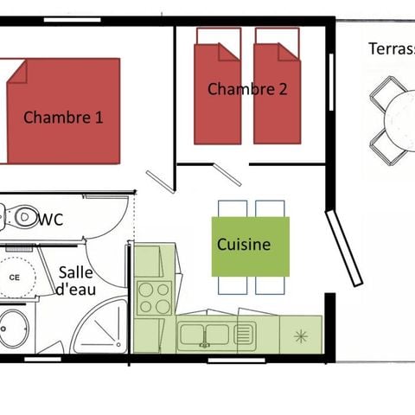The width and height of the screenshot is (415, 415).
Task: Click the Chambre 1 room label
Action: [63, 117]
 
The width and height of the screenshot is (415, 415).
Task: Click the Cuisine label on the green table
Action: [244, 245]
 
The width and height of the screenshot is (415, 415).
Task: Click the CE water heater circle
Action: [15, 277]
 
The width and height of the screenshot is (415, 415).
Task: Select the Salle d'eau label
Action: [76, 282]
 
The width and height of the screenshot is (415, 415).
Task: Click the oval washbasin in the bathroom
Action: [14, 329]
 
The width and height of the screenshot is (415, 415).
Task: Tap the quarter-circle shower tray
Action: [103, 329]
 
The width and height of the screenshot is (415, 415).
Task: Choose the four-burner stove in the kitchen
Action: [156, 297]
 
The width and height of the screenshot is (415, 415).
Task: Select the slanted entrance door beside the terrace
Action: [343, 246]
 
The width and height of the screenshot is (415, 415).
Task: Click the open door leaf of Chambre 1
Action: [160, 182]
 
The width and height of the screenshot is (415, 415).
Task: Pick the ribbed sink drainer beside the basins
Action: [243, 334]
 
